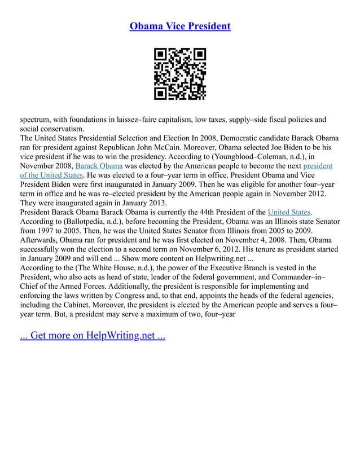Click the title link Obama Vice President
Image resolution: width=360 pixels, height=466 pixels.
(x=180, y=27)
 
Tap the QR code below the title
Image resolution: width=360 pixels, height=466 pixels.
(x=180, y=74)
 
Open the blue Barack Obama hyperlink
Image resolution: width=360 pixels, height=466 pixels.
(x=99, y=166)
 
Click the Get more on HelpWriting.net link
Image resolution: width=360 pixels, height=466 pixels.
(x=93, y=336)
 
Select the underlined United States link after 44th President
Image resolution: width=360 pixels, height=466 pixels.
(x=289, y=212)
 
